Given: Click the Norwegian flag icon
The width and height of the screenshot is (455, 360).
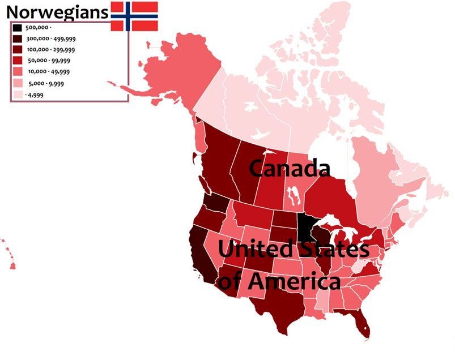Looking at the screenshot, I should [134, 16].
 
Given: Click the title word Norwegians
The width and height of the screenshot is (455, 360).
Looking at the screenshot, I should [57, 11].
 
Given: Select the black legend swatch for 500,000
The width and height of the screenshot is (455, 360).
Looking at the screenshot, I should [18, 28].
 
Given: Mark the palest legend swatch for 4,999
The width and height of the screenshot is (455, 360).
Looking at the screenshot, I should [18, 95].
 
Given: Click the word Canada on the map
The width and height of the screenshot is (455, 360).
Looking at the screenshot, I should [289, 168].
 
